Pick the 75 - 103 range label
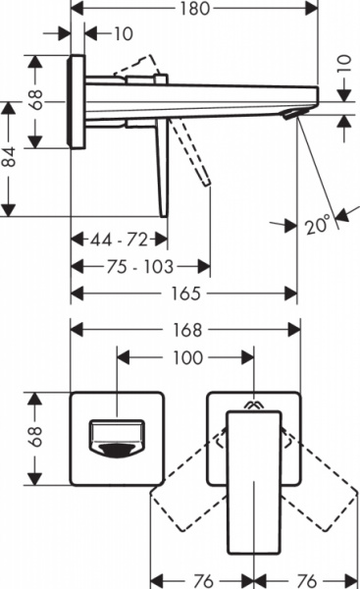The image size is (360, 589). pyautogui.click(x=139, y=266)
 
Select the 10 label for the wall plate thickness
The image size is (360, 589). pyautogui.click(x=123, y=34)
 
